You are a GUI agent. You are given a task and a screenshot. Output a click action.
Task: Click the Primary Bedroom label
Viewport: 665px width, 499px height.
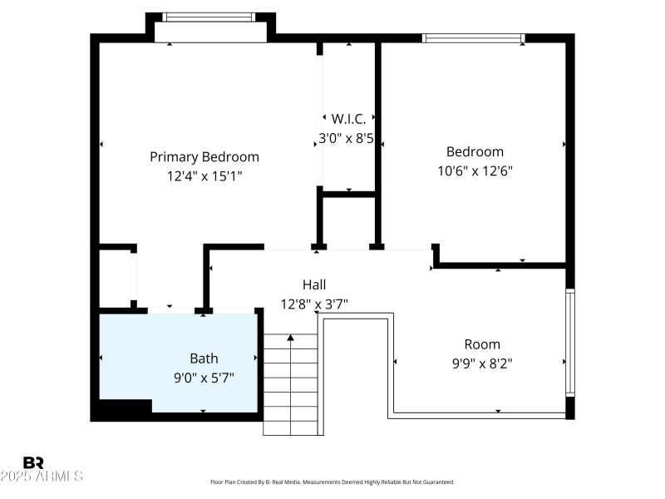[204, 156]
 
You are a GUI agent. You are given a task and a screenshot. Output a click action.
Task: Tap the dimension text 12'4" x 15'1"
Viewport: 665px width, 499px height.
[204, 175]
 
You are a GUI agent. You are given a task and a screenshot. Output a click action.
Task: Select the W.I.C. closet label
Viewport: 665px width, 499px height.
[348, 119]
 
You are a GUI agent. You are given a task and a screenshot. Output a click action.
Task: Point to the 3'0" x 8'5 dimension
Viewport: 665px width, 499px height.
[347, 139]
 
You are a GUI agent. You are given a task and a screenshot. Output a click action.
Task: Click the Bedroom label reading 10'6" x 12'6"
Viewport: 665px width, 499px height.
[475, 151]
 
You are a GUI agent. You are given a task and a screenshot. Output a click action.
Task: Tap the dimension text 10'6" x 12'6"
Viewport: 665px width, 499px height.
[475, 170]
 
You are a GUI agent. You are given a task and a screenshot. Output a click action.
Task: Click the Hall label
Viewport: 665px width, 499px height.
[313, 284]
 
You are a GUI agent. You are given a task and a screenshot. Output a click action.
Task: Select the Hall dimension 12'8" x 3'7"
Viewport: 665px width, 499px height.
[313, 304]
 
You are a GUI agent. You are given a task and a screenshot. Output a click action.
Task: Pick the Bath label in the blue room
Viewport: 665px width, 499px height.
[204, 358]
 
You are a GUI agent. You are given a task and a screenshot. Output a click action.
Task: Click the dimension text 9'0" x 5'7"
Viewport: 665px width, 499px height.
[204, 378]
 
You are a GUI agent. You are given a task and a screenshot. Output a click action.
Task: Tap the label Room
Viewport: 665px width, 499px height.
[482, 344]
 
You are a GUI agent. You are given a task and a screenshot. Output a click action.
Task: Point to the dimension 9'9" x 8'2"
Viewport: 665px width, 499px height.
[482, 363]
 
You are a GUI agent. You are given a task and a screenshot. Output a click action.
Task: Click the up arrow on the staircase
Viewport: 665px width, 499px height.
[290, 338]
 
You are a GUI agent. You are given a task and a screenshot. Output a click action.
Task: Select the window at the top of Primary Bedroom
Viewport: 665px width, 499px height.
[209, 17]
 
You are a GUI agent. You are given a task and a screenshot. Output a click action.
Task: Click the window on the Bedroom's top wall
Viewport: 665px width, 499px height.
[474, 37]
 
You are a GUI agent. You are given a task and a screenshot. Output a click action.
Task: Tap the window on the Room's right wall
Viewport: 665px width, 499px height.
[569, 342]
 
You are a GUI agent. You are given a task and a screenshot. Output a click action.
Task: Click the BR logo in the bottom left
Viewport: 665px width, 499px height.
[33, 462]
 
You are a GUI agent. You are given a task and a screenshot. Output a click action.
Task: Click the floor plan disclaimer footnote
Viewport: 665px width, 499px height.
[332, 482]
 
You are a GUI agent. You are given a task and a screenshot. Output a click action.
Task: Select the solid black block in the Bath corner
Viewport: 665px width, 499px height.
[121, 408]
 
